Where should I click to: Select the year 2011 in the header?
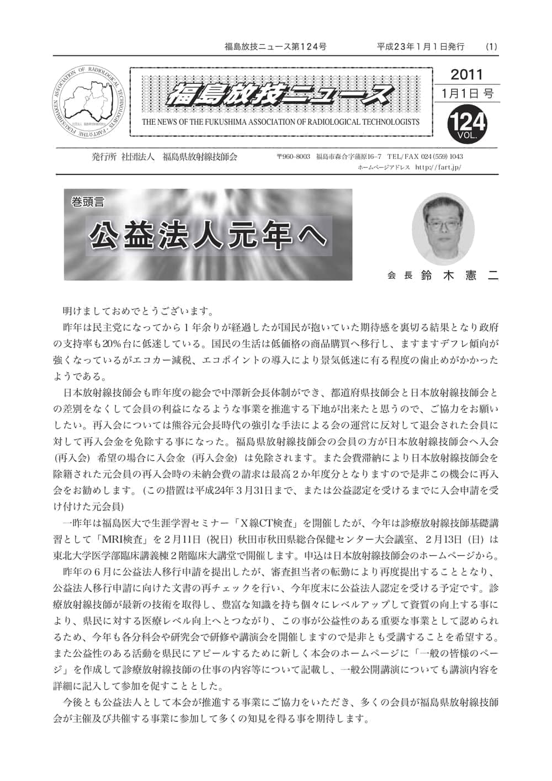(466, 75)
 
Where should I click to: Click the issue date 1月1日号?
(467, 93)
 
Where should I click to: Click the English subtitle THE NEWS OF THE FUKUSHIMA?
(280, 122)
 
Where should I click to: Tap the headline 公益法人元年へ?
(208, 235)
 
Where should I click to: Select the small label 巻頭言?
(87, 202)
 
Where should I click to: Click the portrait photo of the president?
(443, 229)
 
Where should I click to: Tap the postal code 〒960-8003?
(293, 157)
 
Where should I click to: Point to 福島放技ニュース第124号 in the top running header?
(275, 47)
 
